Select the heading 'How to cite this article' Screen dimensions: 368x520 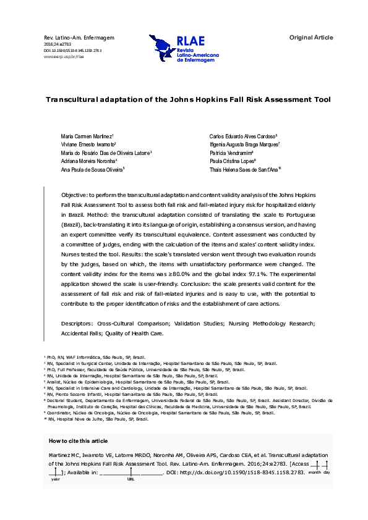78,441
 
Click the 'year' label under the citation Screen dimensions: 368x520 56,479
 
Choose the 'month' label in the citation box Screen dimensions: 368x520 314,472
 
